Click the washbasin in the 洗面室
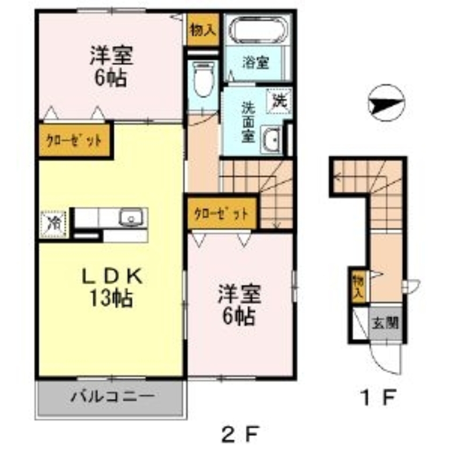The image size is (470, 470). tap(271, 139)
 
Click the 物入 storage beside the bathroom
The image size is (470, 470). tap(203, 30)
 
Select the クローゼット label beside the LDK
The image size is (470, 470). tap(74, 140)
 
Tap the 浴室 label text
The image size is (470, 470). tap(256, 63)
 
